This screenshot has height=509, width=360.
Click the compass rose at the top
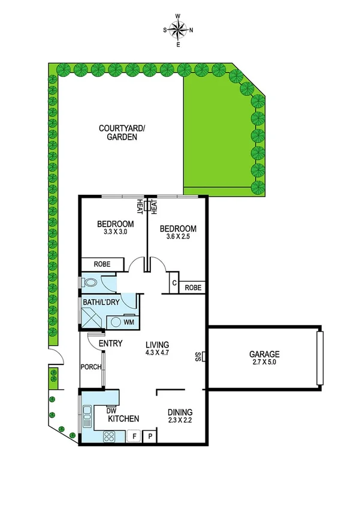[178, 29]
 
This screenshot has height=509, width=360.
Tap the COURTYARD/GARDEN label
[118, 132]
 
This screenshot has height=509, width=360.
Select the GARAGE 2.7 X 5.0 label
[264, 358]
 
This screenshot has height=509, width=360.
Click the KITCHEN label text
[124, 418]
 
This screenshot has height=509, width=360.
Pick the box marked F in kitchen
[135, 436]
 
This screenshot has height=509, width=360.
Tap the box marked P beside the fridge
[150, 436]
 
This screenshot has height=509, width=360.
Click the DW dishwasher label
[111, 410]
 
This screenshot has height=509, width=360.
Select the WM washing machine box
[128, 322]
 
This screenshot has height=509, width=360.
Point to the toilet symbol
[90, 282]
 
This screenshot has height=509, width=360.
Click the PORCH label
[90, 367]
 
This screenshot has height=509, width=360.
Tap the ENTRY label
[110, 344]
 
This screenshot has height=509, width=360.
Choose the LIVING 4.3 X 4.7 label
[158, 349]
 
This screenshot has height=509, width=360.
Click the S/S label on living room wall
[198, 357]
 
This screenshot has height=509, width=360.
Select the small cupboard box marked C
[174, 284]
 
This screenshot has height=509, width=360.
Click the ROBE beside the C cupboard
[193, 288]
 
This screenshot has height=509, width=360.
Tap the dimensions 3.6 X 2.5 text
[177, 237]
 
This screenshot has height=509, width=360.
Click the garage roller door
[320, 357]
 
